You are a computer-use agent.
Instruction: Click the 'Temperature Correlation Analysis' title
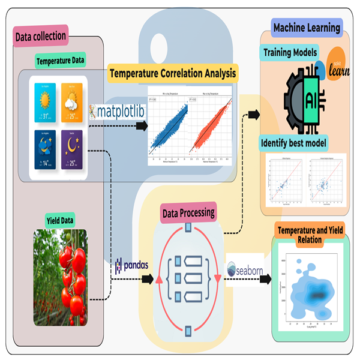coord(172,75)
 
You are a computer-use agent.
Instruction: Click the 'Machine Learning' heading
coord(307,27)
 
